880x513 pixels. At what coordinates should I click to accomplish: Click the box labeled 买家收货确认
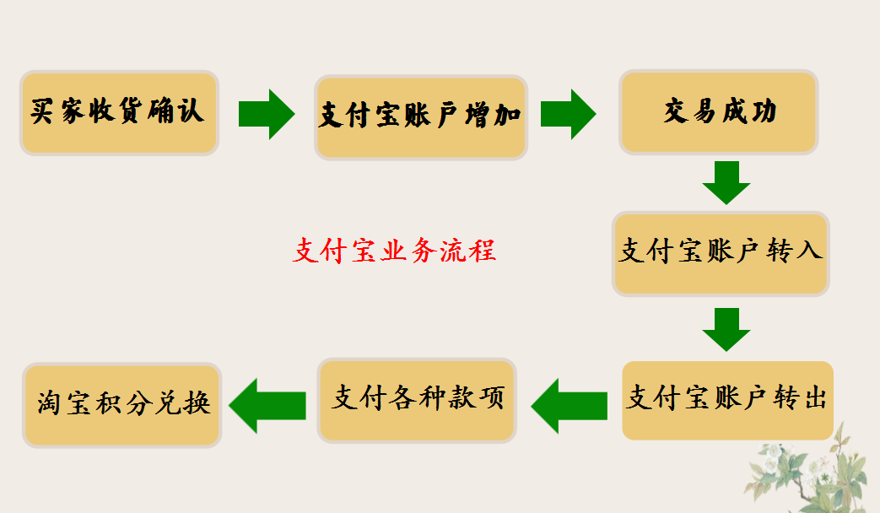pyautogui.click(x=119, y=113)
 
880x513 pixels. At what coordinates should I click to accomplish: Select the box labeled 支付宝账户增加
pyautogui.click(x=421, y=117)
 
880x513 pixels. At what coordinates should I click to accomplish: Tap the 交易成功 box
pyautogui.click(x=719, y=113)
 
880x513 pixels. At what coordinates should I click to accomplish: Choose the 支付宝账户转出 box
pyautogui.click(x=727, y=400)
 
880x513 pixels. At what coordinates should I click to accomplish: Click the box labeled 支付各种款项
pyautogui.click(x=418, y=400)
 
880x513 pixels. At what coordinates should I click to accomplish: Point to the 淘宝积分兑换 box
pyautogui.click(x=122, y=405)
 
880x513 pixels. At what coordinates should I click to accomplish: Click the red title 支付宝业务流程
pyautogui.click(x=394, y=251)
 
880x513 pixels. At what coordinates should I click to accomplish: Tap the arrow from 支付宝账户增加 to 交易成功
pyautogui.click(x=568, y=114)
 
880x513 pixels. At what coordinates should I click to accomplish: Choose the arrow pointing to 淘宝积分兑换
pyautogui.click(x=267, y=405)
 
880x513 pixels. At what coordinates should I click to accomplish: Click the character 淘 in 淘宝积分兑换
pyautogui.click(x=52, y=405)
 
